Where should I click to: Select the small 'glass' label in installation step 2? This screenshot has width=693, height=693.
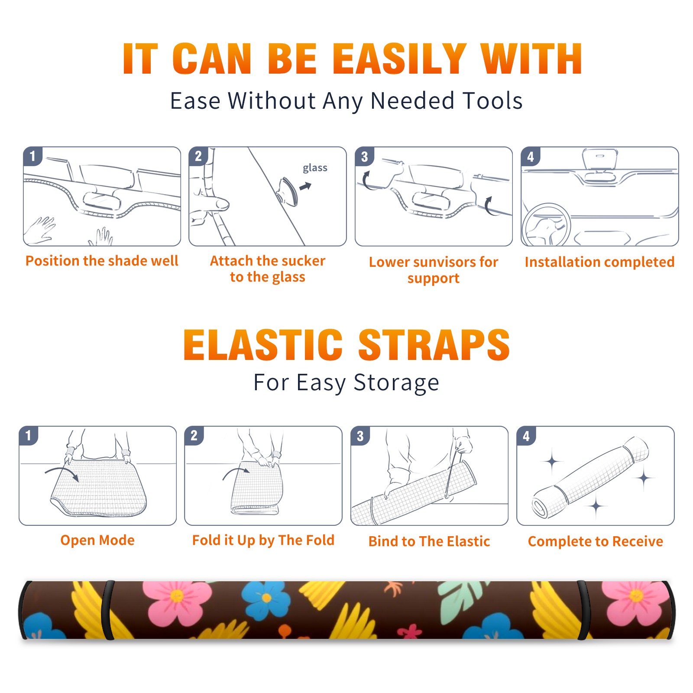point(315,168)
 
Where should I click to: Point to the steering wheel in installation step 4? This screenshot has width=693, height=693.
point(546,225)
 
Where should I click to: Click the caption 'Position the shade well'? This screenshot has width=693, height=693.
point(102,261)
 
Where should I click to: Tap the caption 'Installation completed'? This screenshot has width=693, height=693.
point(599,262)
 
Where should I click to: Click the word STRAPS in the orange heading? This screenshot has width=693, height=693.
point(434,345)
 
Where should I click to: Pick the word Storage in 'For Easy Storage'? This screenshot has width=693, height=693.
point(396,383)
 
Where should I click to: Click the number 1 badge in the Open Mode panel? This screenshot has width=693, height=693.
point(29,435)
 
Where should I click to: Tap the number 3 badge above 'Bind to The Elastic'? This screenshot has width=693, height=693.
point(360,436)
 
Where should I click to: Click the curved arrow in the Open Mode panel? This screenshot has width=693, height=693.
point(62,473)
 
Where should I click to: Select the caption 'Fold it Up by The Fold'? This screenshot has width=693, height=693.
point(263,540)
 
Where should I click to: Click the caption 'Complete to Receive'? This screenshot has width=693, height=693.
point(596,541)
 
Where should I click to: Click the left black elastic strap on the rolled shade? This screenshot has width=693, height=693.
point(108,610)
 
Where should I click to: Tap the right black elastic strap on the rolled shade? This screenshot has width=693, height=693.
point(584,610)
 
